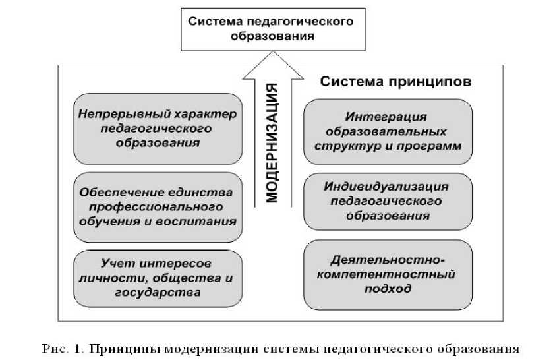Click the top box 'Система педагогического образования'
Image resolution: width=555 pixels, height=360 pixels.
point(271,29)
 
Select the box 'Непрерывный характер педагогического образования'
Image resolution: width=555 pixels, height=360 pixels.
point(156,129)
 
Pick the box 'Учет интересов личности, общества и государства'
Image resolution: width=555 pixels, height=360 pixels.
point(156,278)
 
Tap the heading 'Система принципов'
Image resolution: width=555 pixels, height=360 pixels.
point(386,83)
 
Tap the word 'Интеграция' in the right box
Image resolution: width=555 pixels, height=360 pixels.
point(388,117)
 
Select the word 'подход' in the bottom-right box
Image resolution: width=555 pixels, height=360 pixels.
point(389,289)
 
